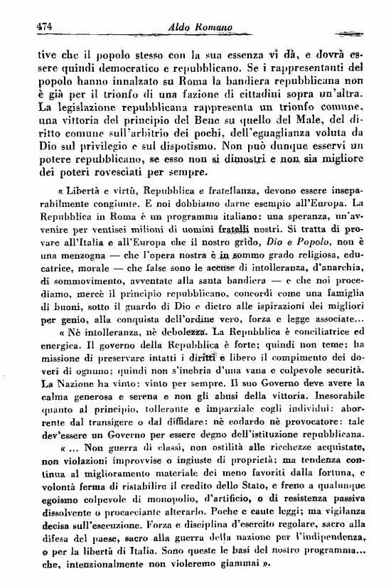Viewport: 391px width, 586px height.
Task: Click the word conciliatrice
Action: [x=316, y=334]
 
